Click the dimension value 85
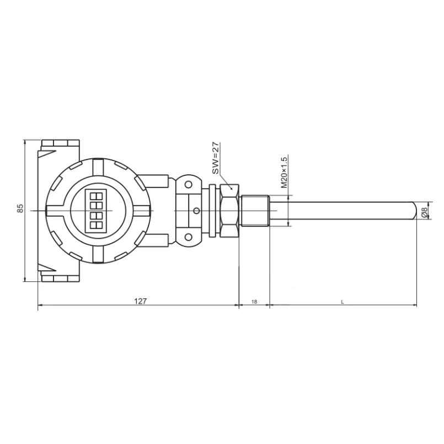(x=20, y=208)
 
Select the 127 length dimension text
(x=141, y=301)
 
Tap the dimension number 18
(x=254, y=302)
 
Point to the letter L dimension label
(x=343, y=302)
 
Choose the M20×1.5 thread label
(x=284, y=172)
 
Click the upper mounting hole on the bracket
(x=188, y=185)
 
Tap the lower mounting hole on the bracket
(x=188, y=237)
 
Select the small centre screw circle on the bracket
(x=196, y=211)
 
